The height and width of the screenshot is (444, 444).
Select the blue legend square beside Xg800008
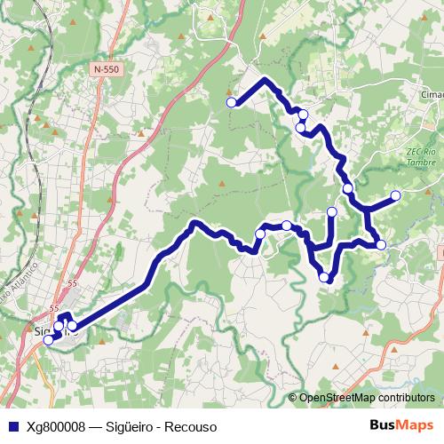click(x=11, y=426)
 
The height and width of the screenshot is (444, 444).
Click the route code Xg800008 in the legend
click(x=57, y=426)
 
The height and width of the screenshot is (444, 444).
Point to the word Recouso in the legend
click(x=191, y=426)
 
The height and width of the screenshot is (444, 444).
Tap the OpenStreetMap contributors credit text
click(x=365, y=398)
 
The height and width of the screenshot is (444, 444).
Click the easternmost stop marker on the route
click(x=396, y=195)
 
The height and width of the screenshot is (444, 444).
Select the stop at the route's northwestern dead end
click(x=232, y=103)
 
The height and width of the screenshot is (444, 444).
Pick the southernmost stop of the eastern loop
click(x=325, y=278)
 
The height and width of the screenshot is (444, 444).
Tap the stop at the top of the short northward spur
click(x=332, y=211)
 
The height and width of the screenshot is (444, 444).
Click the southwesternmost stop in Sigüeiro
click(x=49, y=339)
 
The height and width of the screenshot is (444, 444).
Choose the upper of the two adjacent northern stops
click(x=303, y=114)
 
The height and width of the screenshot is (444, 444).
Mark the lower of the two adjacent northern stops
click(x=301, y=128)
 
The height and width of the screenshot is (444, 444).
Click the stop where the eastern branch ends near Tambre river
click(x=381, y=244)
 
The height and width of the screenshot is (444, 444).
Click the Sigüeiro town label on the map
click(x=44, y=333)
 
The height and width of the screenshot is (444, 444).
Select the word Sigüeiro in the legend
click(x=130, y=426)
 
